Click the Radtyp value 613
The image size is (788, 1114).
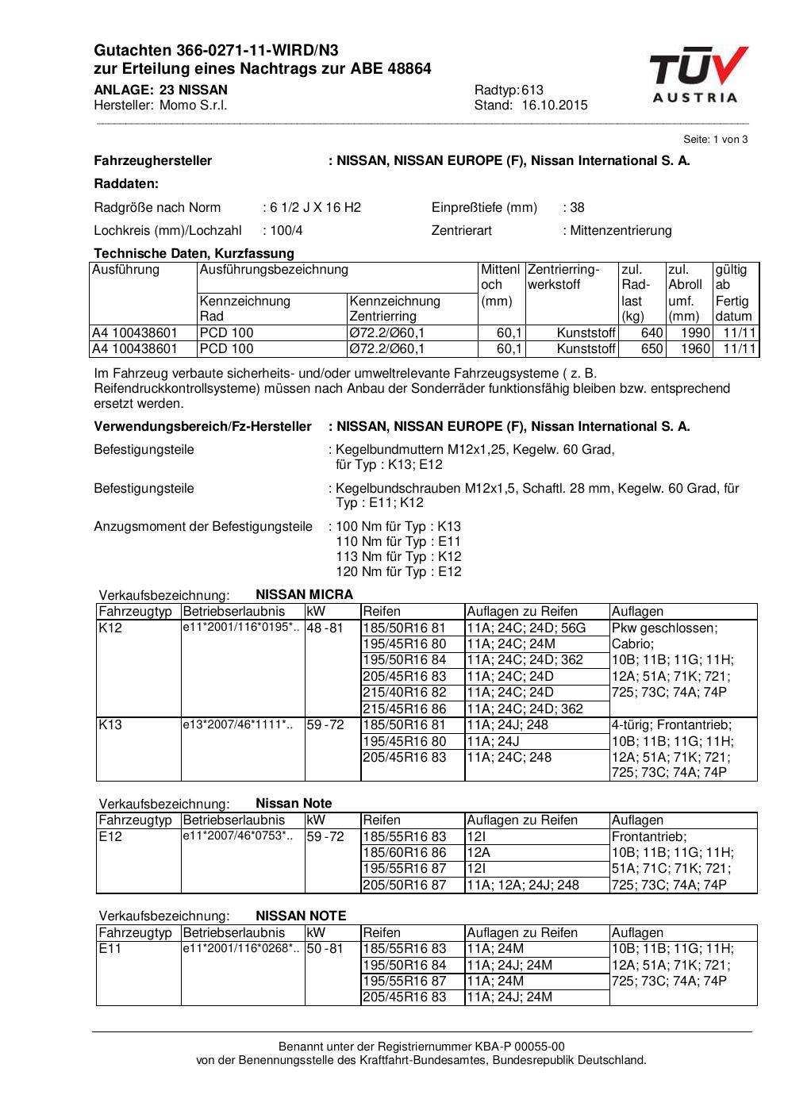(x=532, y=90)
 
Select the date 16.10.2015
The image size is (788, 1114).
(x=555, y=106)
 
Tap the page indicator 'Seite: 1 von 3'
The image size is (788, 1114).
(x=715, y=139)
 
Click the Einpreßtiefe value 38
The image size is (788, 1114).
(x=577, y=208)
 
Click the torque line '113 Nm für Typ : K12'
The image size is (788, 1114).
(x=399, y=557)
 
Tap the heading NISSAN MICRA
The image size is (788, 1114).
(x=304, y=594)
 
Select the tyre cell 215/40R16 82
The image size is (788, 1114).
(x=405, y=693)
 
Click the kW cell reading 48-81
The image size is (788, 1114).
(x=325, y=628)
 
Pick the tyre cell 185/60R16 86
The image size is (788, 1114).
(x=405, y=853)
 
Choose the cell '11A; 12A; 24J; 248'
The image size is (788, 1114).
(x=523, y=885)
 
